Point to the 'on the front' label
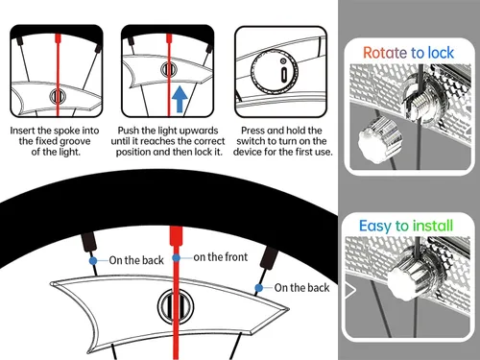pos(223,257)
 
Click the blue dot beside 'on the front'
pos(177,258)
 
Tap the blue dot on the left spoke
pos(94,260)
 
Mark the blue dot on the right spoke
pos(258,287)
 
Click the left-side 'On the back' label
pos(136,260)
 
